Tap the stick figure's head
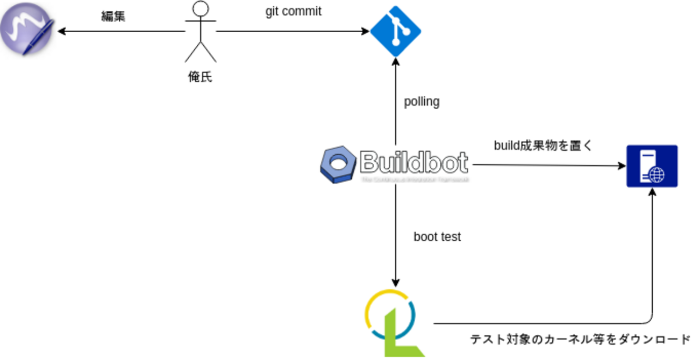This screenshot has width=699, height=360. point(201,9)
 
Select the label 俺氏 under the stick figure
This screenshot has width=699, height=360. point(200,77)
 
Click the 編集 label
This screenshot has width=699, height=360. point(113,16)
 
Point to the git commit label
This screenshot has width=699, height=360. point(293,11)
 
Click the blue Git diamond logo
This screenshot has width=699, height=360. point(395,31)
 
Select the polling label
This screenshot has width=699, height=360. point(422,102)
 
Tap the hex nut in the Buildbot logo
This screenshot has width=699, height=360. point(338,163)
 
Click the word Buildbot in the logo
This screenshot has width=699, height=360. point(413,161)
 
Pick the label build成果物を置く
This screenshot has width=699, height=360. point(543,145)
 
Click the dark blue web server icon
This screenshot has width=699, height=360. point(652,166)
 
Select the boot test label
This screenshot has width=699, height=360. point(437,237)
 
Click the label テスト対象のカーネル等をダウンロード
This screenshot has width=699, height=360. point(580,340)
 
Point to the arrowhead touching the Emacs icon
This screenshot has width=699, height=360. point(61,31)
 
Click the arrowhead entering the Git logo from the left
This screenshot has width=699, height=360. point(366,31)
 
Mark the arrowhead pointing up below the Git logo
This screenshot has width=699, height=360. point(396,61)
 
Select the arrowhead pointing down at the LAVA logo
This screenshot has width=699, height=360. point(396,283)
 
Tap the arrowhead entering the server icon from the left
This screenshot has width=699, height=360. point(622,165)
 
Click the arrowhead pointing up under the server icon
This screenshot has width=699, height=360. point(652,192)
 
